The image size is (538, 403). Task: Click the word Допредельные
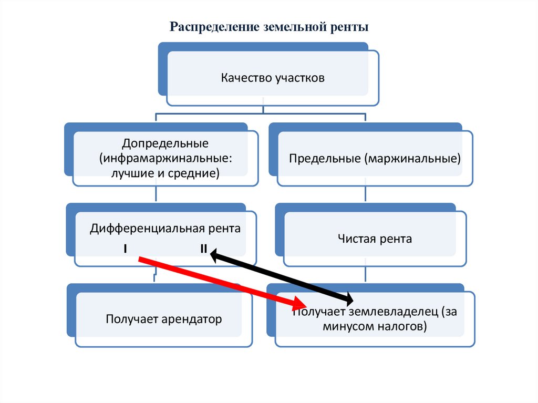click(165, 143)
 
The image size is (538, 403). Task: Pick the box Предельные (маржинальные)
click(375, 158)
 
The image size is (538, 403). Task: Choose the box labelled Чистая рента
click(375, 239)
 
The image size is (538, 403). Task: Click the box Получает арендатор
click(163, 319)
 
